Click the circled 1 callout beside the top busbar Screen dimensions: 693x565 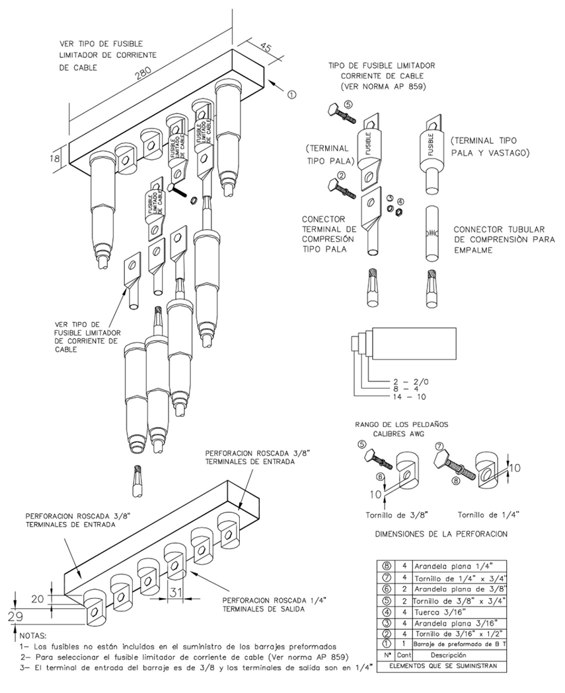(x=292, y=94)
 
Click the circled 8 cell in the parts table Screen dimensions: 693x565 (x=385, y=566)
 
